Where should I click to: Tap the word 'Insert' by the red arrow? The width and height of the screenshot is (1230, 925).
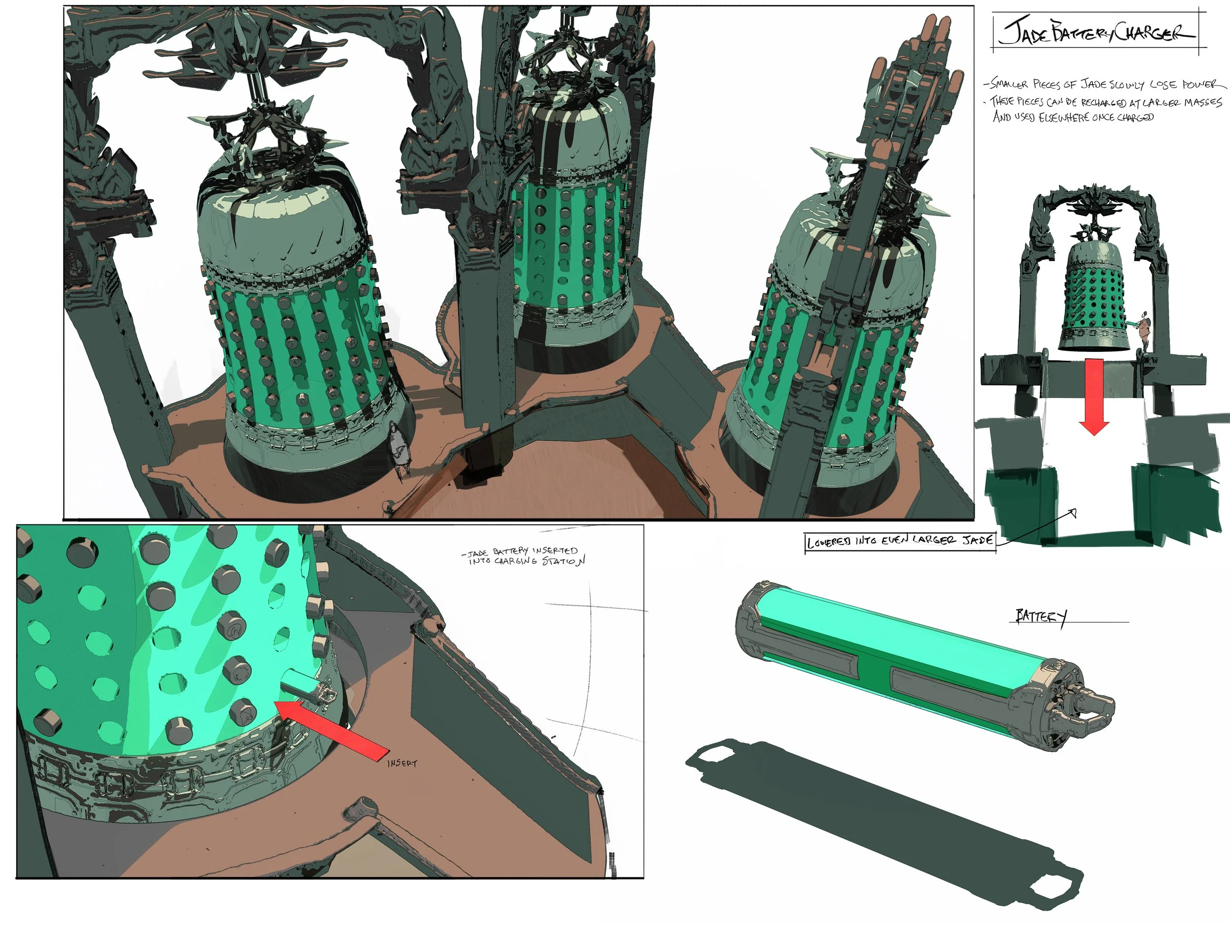pos(401,763)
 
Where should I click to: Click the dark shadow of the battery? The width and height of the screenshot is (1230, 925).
pos(884,818)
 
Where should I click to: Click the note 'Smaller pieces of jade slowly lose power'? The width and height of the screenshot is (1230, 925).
pos(1104,85)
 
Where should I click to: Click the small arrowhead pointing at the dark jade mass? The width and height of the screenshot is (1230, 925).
pos(1073,513)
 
